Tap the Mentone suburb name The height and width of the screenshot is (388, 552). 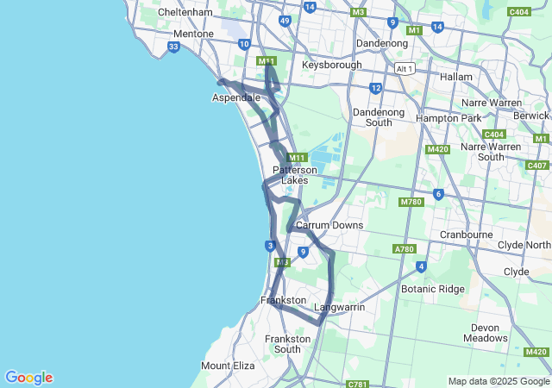(193, 34)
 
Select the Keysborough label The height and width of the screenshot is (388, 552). (331, 65)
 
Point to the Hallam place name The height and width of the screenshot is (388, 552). (456, 77)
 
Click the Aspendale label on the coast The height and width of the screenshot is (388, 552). (236, 98)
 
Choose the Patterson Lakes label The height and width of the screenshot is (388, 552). (295, 175)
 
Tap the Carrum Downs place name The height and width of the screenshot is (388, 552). (329, 225)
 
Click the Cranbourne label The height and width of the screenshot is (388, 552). (466, 234)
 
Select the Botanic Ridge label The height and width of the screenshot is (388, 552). (433, 289)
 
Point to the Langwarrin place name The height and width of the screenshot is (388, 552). (339, 307)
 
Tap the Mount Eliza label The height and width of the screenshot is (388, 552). (228, 366)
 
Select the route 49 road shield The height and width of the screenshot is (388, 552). (285, 21)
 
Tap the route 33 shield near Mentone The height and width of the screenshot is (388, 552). (174, 47)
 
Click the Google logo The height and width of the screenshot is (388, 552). (28, 378)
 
